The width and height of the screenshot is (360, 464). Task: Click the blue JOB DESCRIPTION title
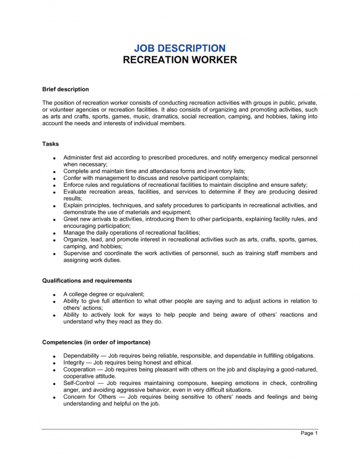[180, 48]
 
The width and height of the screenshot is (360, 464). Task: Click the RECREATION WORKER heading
[180, 60]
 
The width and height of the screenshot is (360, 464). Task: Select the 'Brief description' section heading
[66, 89]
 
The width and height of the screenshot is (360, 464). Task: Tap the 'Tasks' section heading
[51, 143]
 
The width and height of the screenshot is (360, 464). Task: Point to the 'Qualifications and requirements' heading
[87, 281]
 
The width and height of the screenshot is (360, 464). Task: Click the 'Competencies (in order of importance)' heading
[96, 342]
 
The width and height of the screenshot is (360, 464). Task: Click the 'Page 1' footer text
[309, 433]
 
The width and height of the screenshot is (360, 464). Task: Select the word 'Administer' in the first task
[77, 157]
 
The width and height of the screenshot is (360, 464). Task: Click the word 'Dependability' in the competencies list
[81, 355]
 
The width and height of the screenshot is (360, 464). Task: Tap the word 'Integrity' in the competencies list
[74, 362]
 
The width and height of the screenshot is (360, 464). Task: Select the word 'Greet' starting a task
[71, 219]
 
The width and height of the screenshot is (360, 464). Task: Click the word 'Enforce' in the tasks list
[74, 185]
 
